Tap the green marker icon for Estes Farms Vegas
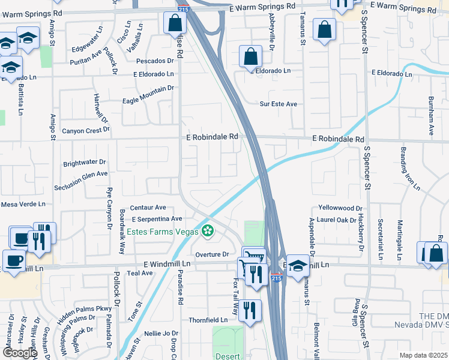[208, 230]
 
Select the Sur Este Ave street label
[279, 104]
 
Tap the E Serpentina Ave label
[157, 219]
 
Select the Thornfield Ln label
[209, 320]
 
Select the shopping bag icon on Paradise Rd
[174, 24]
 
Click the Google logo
[20, 353]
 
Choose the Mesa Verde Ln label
[23, 204]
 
